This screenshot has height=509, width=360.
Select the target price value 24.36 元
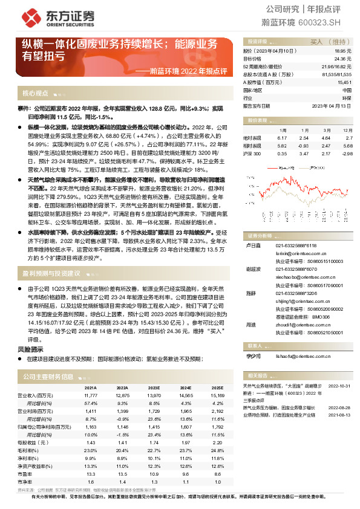point(342,59)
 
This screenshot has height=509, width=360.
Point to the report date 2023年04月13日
point(331,105)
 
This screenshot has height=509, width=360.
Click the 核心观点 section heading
point(35,93)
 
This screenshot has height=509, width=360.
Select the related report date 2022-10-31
point(339,384)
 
